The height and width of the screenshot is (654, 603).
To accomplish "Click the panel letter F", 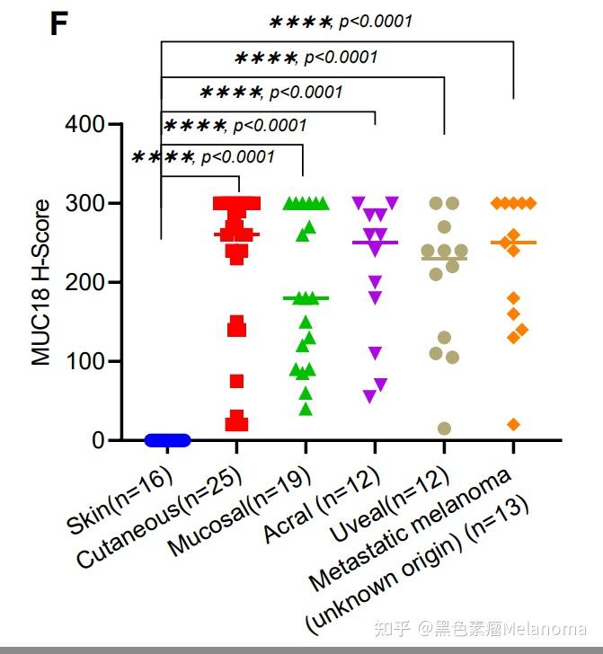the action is coord(59,23).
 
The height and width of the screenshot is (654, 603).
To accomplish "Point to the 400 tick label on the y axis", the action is coord(84,124).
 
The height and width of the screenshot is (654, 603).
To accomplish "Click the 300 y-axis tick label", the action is coord(84,204).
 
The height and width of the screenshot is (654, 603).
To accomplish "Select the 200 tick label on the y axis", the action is coord(84,282).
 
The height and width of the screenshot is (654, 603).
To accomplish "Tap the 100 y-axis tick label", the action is coord(84,361).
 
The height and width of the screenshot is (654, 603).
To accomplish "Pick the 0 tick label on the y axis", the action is coord(98,440).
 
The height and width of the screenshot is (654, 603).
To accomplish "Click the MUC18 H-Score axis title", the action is coord(41,282).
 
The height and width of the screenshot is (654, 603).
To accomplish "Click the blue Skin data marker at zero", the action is coord(167,440).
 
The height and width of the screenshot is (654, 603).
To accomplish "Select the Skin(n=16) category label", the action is coord(120,500).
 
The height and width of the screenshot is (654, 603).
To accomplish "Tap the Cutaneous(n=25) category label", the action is coord(159,517).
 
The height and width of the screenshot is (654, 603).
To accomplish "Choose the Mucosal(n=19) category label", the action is coord(239,511).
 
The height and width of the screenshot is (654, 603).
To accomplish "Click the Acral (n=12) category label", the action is coord(322,505).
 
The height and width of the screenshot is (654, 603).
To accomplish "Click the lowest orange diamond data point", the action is coord(514,425).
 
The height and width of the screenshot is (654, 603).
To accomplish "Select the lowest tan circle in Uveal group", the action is coord(445,429).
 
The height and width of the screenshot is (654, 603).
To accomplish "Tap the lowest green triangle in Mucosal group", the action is coord(306,409).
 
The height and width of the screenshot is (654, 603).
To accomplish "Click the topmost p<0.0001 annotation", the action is coord(376,21).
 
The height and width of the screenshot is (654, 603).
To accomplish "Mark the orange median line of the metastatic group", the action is coord(514,243).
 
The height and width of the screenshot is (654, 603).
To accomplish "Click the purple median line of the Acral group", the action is coord(375,243).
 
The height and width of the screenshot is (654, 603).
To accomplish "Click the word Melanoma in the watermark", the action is coord(545,629).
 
